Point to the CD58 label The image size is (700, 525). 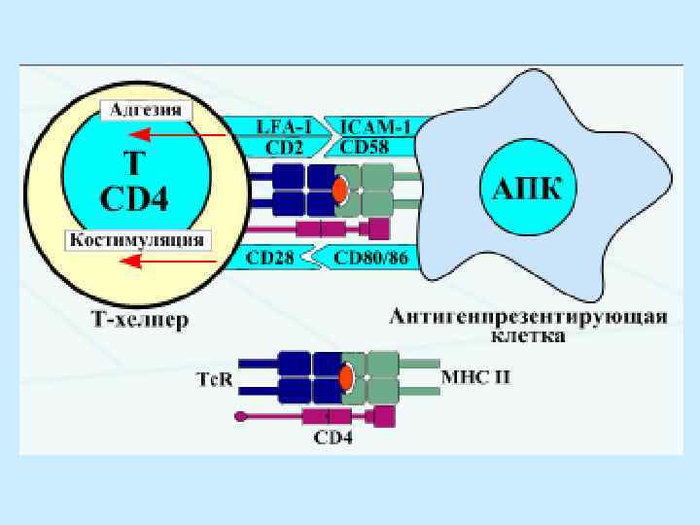coord(366,148)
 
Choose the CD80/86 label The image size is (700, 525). coord(369,259)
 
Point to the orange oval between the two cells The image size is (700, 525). coord(339,190)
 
